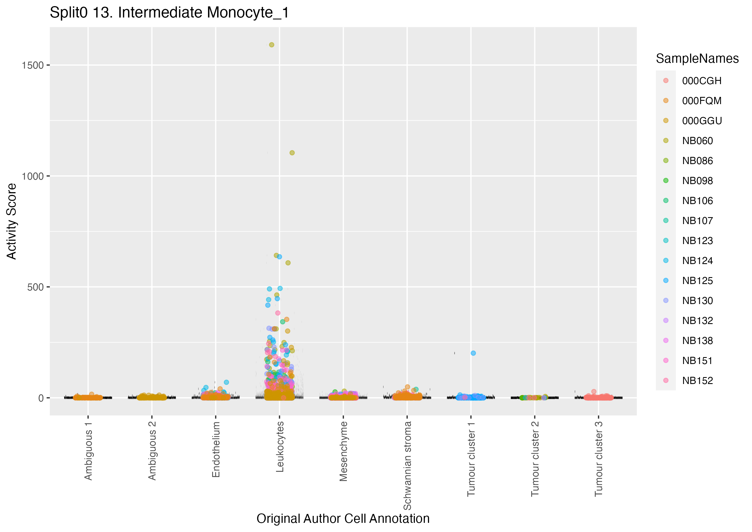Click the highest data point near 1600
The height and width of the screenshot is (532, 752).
click(272, 45)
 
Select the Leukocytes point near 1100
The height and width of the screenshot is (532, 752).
click(292, 153)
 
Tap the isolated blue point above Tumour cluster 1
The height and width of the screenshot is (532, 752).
click(473, 353)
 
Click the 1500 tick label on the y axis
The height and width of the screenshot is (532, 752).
click(32, 66)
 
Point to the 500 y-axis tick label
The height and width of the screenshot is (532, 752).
click(35, 287)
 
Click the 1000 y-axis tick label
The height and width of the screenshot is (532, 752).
click(32, 177)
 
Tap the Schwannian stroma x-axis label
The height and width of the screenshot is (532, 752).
click(407, 465)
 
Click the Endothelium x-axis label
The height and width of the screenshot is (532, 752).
click(216, 450)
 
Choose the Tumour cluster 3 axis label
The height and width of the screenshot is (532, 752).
click(598, 459)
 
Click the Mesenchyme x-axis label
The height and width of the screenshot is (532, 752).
click(343, 451)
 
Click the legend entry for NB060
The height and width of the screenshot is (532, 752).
click(697, 141)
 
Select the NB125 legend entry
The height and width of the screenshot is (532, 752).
click(697, 281)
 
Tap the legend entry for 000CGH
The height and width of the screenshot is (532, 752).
click(701, 81)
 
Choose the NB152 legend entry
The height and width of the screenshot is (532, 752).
click(697, 381)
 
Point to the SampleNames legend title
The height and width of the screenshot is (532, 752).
click(697, 59)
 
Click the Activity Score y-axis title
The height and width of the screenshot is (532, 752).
click(12, 222)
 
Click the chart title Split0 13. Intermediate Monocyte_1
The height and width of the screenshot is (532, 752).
click(169, 13)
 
